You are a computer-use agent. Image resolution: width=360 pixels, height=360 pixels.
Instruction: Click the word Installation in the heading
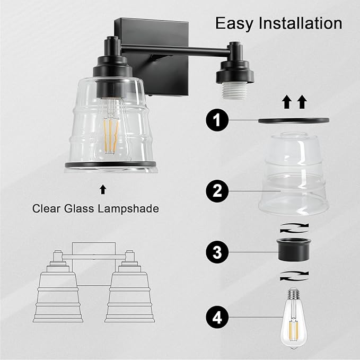pos(301,23)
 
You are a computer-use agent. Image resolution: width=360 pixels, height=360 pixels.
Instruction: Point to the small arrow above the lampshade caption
pos(103,188)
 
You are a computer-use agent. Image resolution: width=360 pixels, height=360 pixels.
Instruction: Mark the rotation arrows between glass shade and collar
pos(293,226)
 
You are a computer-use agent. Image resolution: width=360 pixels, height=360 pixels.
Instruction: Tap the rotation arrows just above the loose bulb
pos(293,275)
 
